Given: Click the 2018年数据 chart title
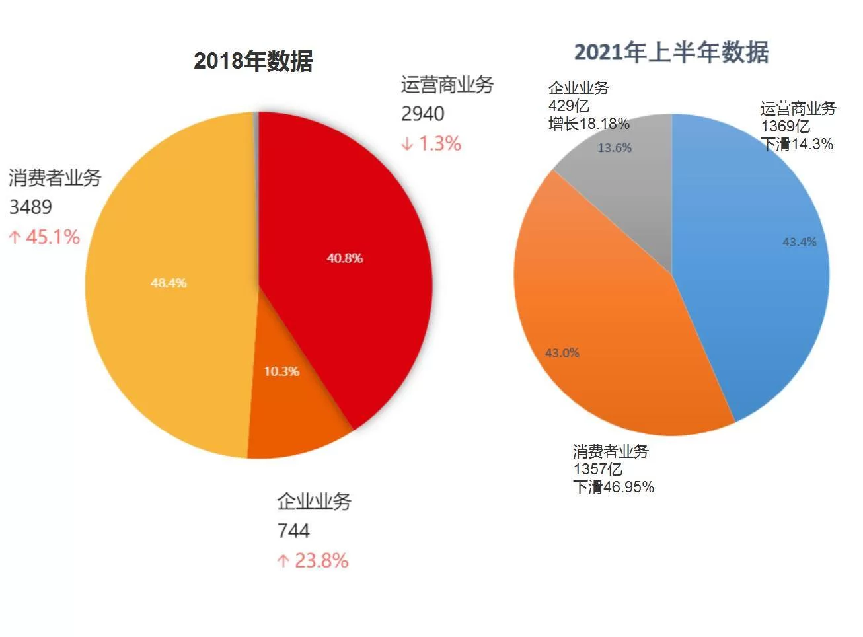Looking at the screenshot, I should coord(252,61).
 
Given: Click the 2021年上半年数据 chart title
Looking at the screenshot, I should coord(671,52).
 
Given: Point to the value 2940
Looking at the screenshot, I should coord(422,114).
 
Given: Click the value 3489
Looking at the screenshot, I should coord(30,207).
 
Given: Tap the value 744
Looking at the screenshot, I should coord(293,531).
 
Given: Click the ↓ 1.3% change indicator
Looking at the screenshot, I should coord(431,143).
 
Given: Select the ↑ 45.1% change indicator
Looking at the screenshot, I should coord(44,237).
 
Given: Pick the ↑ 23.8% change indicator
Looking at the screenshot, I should coord(313,560).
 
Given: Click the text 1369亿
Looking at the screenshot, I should coord(785,126).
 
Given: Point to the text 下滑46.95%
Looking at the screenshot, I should coord(613,487).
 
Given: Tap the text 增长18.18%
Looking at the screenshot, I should coord(588,124).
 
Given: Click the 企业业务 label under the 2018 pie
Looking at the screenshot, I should coord(314,501).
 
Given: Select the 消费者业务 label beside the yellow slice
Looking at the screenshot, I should coord(55,177).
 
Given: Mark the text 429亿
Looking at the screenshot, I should coord(568,106).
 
